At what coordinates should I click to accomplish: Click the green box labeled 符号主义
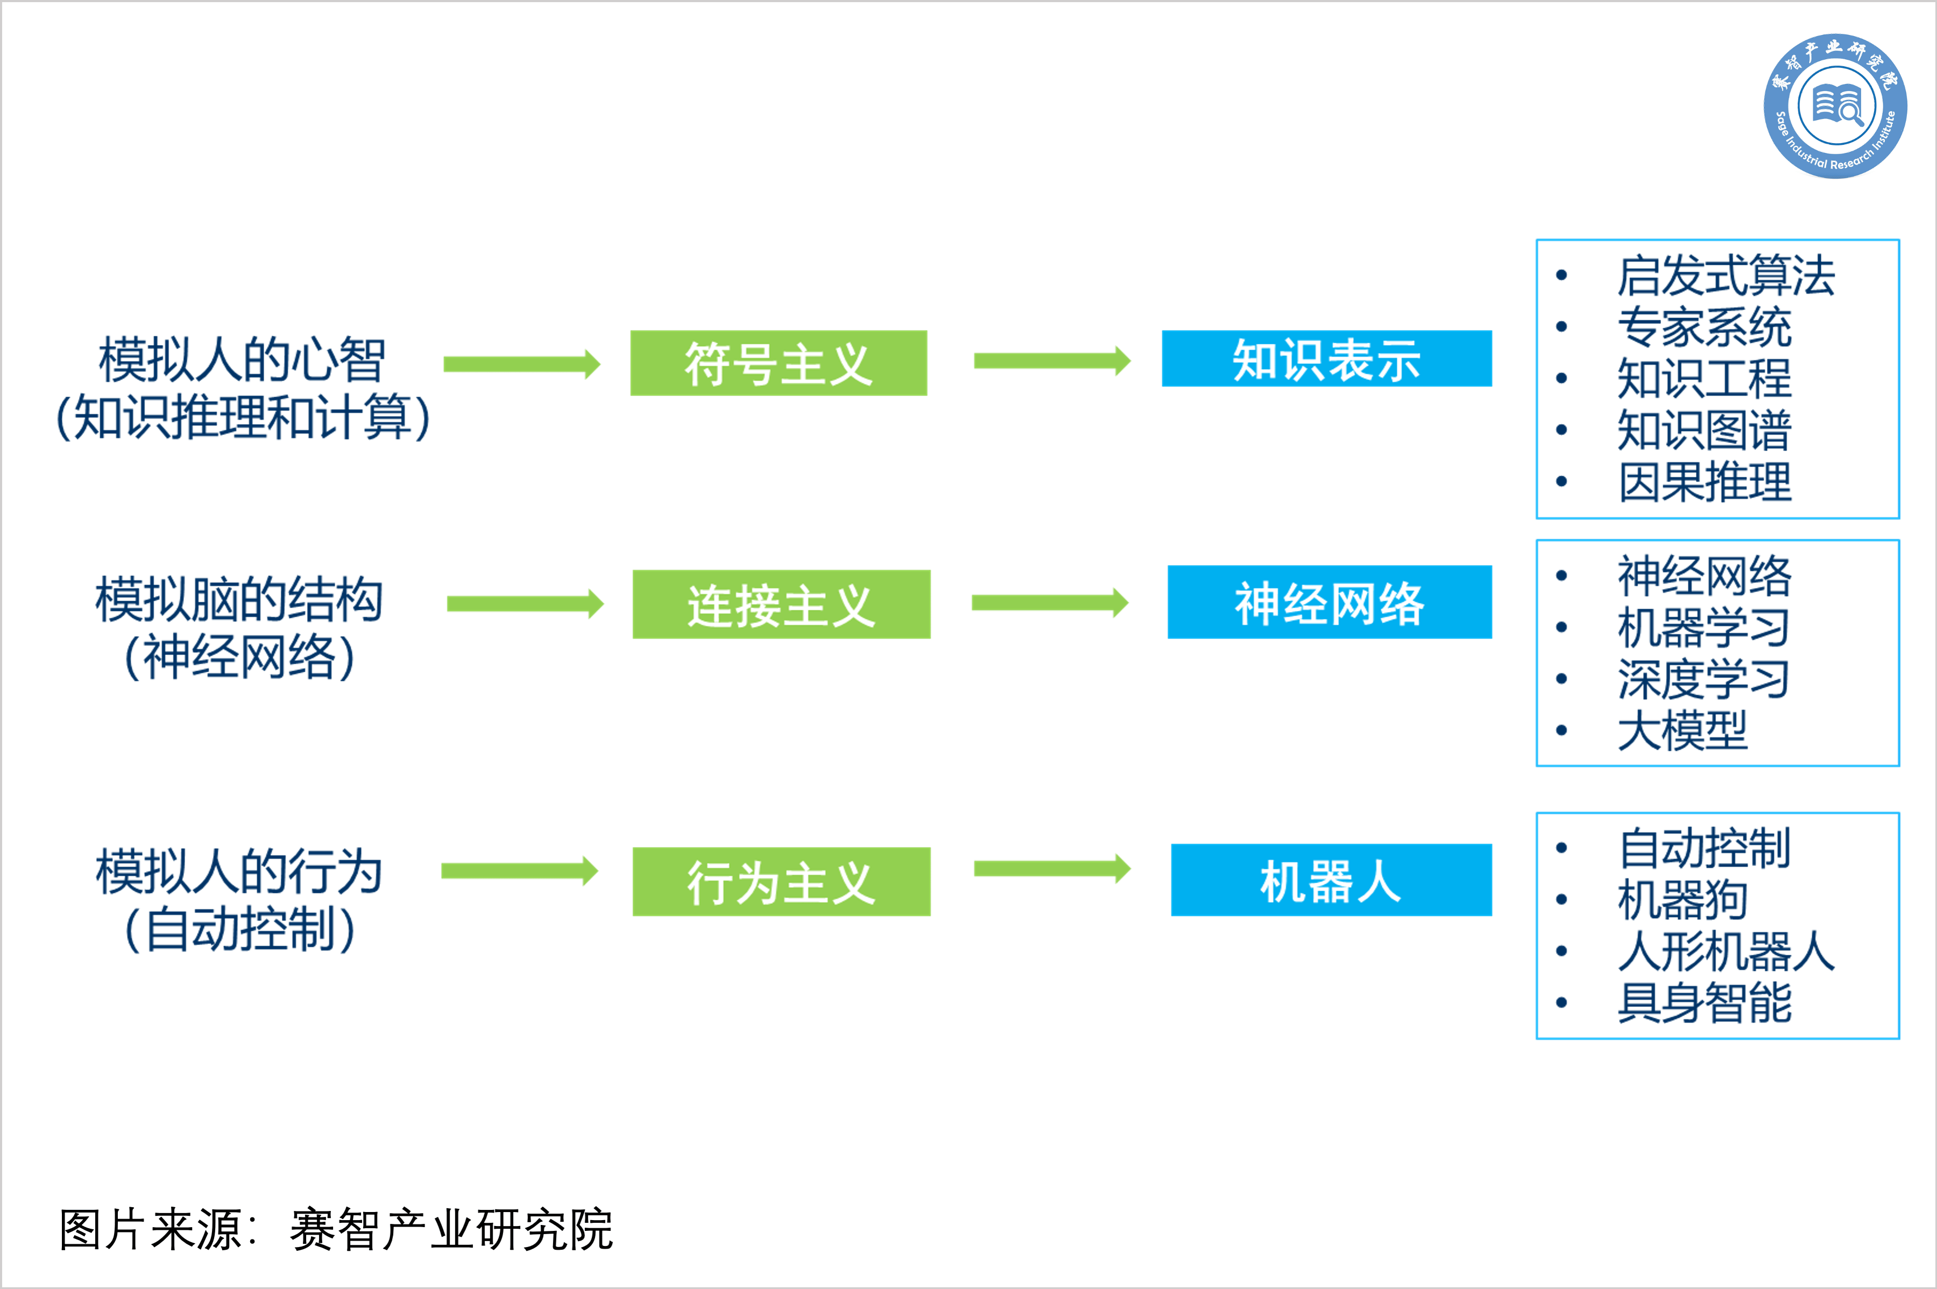click(x=778, y=363)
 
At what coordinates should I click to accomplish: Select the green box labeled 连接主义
click(x=781, y=604)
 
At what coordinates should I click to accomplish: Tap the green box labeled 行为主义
click(x=781, y=881)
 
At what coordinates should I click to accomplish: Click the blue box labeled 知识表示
click(x=1326, y=358)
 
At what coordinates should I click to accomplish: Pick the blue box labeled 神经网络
click(x=1329, y=602)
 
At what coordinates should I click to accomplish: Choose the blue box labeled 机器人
click(x=1331, y=879)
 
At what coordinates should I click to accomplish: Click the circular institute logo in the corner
click(x=1835, y=106)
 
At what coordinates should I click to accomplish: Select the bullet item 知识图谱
click(x=1703, y=430)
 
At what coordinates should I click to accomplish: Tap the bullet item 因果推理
click(x=1703, y=482)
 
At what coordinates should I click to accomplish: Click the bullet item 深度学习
click(x=1703, y=679)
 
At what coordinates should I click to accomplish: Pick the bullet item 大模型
click(x=1681, y=730)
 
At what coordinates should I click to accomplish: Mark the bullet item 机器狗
click(x=1681, y=899)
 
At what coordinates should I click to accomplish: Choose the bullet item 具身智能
click(x=1703, y=1002)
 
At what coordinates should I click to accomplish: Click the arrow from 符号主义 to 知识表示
click(x=1052, y=361)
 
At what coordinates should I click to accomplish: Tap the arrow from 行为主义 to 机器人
click(x=1052, y=869)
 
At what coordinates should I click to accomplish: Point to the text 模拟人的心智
click(x=242, y=360)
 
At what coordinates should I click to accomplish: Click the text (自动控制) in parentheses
click(x=240, y=929)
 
